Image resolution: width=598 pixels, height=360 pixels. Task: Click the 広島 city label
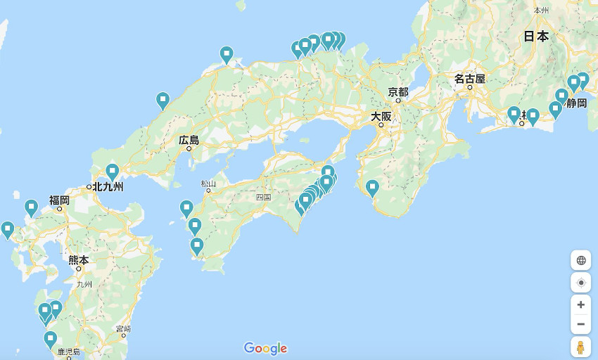tap(189, 140)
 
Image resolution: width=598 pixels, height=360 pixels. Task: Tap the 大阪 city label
tap(381, 116)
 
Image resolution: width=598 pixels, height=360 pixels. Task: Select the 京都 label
tap(397, 91)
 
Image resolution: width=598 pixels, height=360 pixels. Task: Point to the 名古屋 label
tap(469, 79)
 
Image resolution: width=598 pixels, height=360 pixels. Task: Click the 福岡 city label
tap(59, 200)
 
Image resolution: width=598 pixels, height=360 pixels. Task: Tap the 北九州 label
tap(108, 186)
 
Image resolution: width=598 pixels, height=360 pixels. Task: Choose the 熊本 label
tap(79, 260)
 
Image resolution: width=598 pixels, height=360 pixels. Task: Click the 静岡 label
tap(575, 103)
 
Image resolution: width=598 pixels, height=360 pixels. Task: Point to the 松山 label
tap(208, 184)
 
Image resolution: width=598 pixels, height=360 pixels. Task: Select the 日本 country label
tap(536, 37)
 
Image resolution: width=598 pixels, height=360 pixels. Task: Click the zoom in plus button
tap(580, 304)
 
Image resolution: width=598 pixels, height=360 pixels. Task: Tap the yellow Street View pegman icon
tap(580, 347)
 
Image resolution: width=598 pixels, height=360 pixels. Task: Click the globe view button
tap(580, 260)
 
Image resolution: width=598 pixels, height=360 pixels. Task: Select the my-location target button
tap(580, 283)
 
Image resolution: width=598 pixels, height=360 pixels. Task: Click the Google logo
tap(265, 348)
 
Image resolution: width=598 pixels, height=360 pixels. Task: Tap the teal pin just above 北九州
tap(113, 171)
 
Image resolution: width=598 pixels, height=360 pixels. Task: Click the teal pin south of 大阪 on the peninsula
tap(372, 187)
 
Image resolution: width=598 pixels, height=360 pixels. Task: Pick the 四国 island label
tap(263, 198)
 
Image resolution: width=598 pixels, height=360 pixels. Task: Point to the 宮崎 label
tap(123, 328)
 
